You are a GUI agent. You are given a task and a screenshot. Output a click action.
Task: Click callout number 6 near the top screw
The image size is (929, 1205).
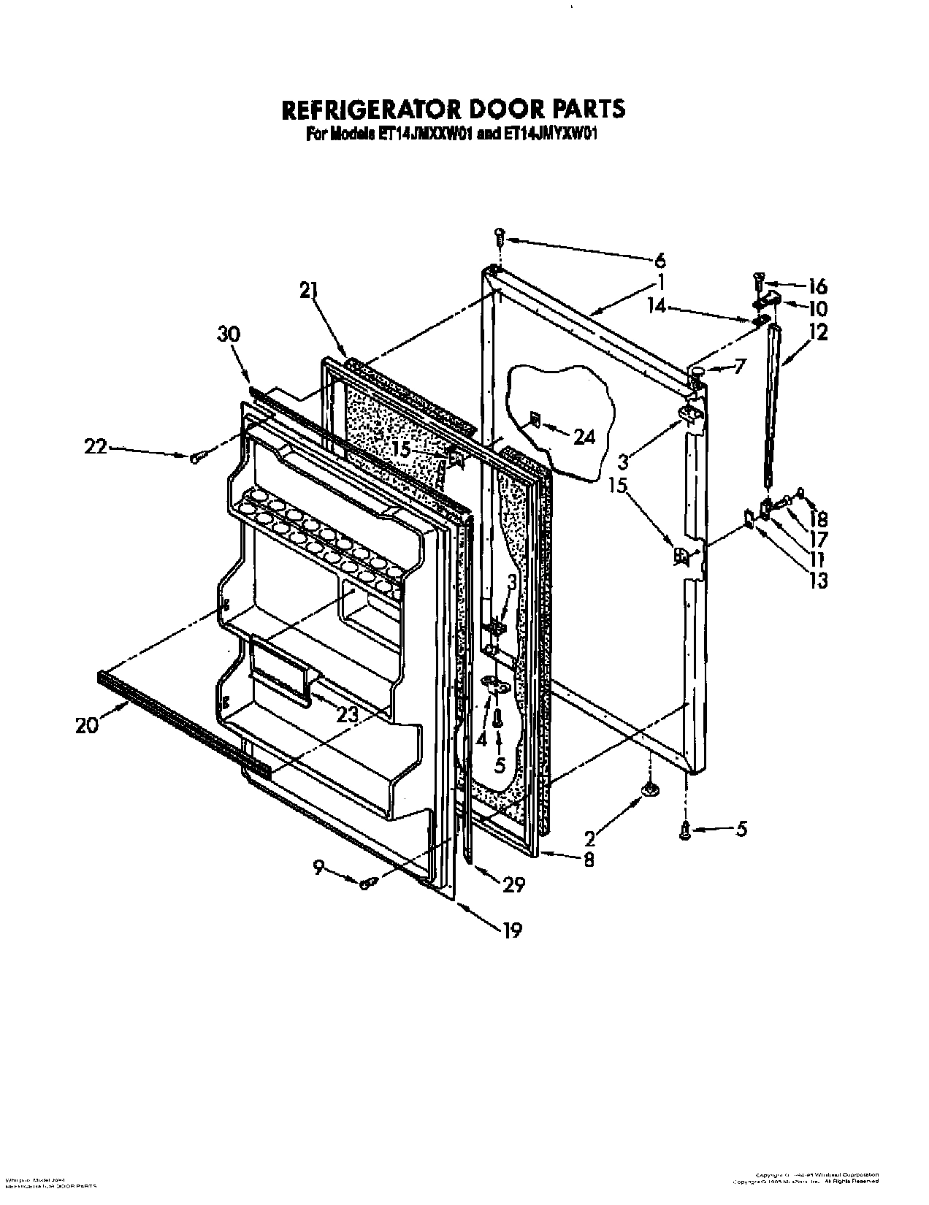(x=660, y=260)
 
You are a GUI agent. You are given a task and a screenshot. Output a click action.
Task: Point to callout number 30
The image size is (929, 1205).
(x=229, y=334)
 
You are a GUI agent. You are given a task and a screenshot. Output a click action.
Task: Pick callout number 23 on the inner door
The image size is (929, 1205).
(x=348, y=714)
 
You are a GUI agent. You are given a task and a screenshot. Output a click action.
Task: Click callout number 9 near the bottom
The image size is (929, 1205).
(x=318, y=868)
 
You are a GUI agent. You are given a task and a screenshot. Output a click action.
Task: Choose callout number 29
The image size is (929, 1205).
(x=514, y=884)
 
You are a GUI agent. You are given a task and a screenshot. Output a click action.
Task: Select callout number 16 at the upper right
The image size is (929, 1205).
(x=818, y=286)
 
